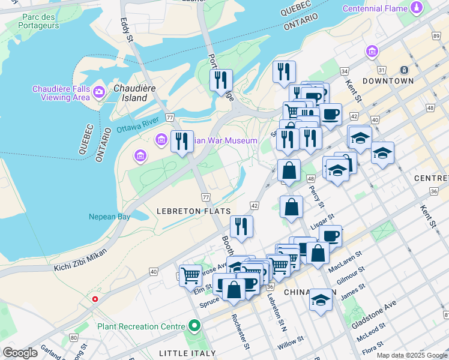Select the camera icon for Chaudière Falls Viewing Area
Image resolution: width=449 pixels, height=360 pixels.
[99, 92]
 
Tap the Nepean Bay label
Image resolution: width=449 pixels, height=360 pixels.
[109, 217]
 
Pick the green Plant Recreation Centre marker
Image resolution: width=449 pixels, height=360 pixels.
[194, 326]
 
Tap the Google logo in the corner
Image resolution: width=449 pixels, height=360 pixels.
[20, 353]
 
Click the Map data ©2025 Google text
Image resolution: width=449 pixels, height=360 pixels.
[412, 355]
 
